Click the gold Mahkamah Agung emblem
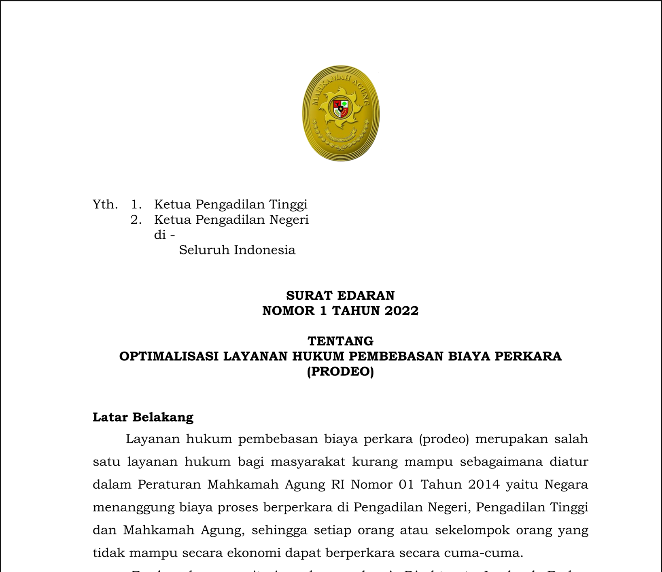click(x=341, y=113)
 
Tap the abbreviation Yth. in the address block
click(x=105, y=205)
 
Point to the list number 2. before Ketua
click(x=136, y=220)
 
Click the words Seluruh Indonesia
click(x=237, y=250)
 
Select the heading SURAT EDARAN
click(x=340, y=295)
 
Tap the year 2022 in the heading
click(x=401, y=311)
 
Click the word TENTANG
click(x=340, y=341)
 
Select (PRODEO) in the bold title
click(x=340, y=371)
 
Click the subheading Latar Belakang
click(x=143, y=417)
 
